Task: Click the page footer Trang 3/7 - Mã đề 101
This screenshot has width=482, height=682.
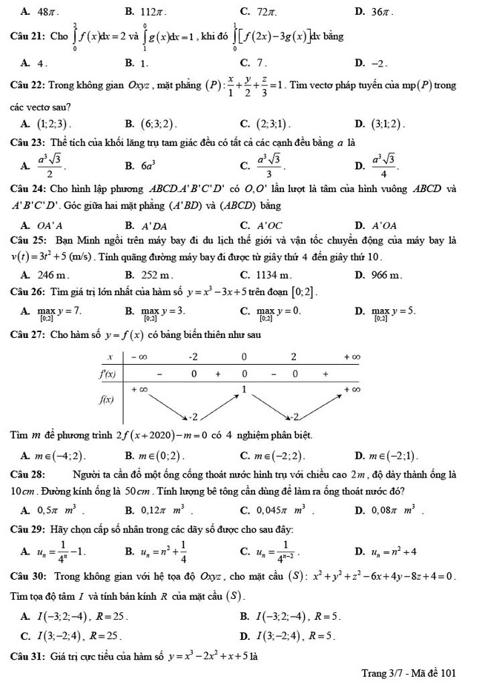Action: (409, 672)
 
